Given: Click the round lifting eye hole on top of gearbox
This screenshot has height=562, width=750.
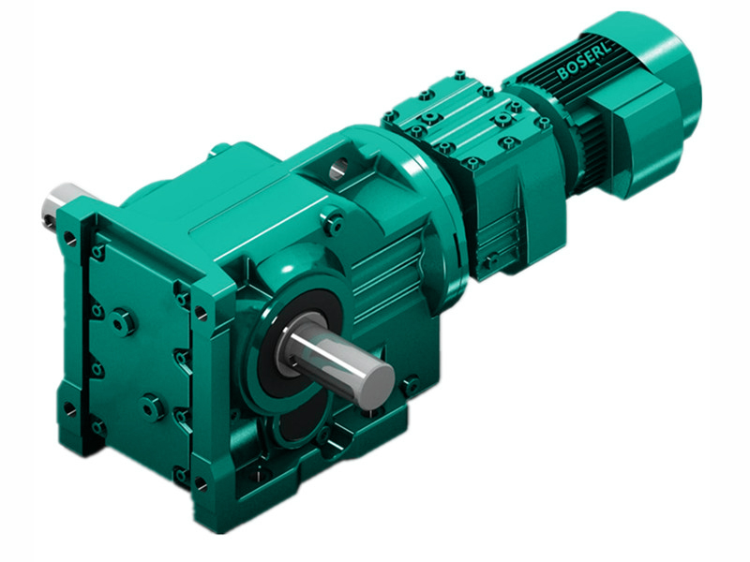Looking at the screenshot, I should point(338,169).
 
